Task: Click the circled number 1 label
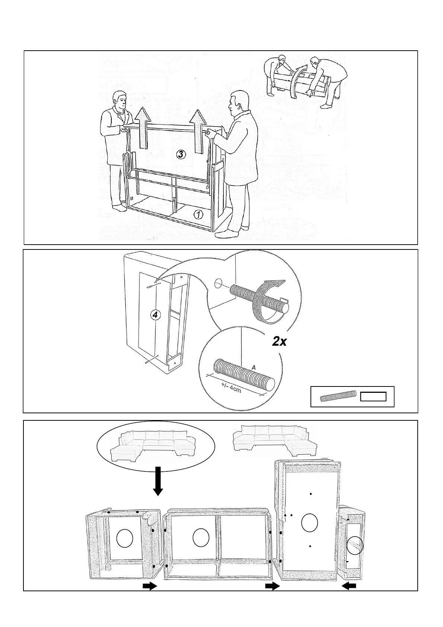click(198, 214)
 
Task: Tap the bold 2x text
click(279, 341)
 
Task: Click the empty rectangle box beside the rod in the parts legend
click(373, 397)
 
